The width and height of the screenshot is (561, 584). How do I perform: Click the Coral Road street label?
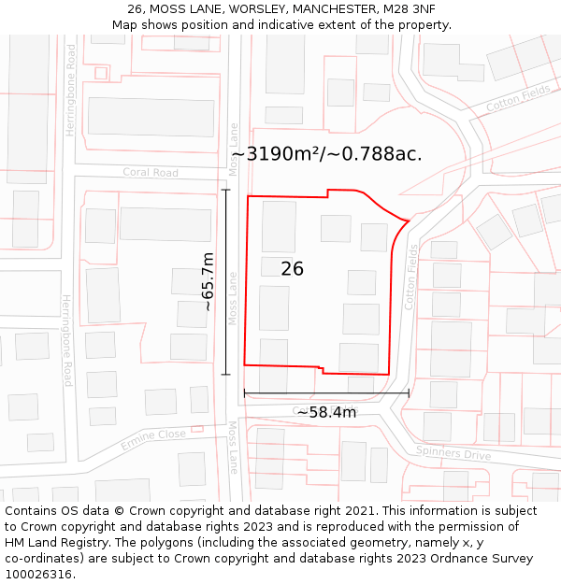[151, 173]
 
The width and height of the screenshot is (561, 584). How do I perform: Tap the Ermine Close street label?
[153, 439]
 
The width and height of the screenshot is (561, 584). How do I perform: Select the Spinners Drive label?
[453, 453]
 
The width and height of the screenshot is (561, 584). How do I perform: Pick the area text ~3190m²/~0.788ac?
[326, 154]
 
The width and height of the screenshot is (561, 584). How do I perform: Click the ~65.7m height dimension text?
[209, 281]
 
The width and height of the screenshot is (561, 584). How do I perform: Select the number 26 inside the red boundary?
[292, 269]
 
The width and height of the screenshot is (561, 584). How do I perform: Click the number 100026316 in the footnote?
[40, 574]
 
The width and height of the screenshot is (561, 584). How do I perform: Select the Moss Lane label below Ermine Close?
[235, 447]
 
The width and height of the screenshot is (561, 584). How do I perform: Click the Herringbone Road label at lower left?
[66, 340]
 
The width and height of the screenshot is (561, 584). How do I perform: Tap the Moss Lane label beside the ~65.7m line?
[234, 298]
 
